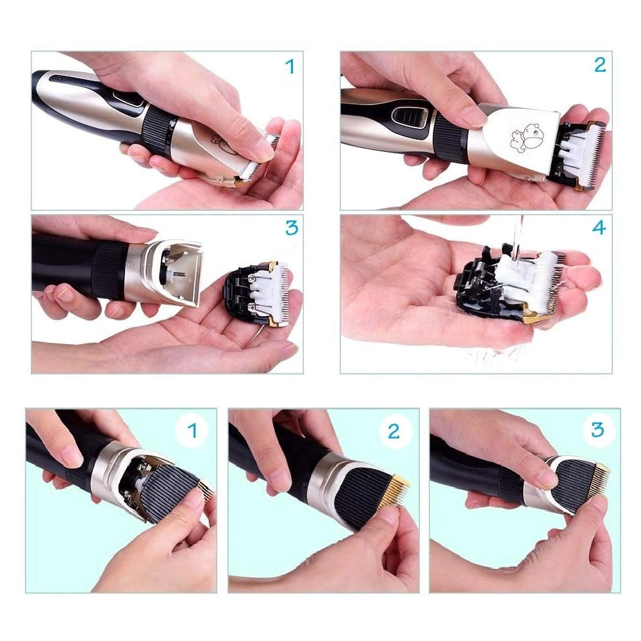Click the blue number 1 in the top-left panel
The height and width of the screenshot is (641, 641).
(290, 66)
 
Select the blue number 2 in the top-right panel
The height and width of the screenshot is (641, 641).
(599, 65)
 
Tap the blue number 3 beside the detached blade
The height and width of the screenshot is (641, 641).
(292, 227)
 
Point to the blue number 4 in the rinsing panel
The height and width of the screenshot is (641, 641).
(599, 228)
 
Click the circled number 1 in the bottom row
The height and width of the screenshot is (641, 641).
(192, 431)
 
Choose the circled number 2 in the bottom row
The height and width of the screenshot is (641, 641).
(394, 431)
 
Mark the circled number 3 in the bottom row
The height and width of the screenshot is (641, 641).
(597, 429)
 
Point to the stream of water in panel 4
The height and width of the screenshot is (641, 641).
(519, 240)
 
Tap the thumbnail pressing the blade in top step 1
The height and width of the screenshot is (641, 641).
(262, 152)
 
